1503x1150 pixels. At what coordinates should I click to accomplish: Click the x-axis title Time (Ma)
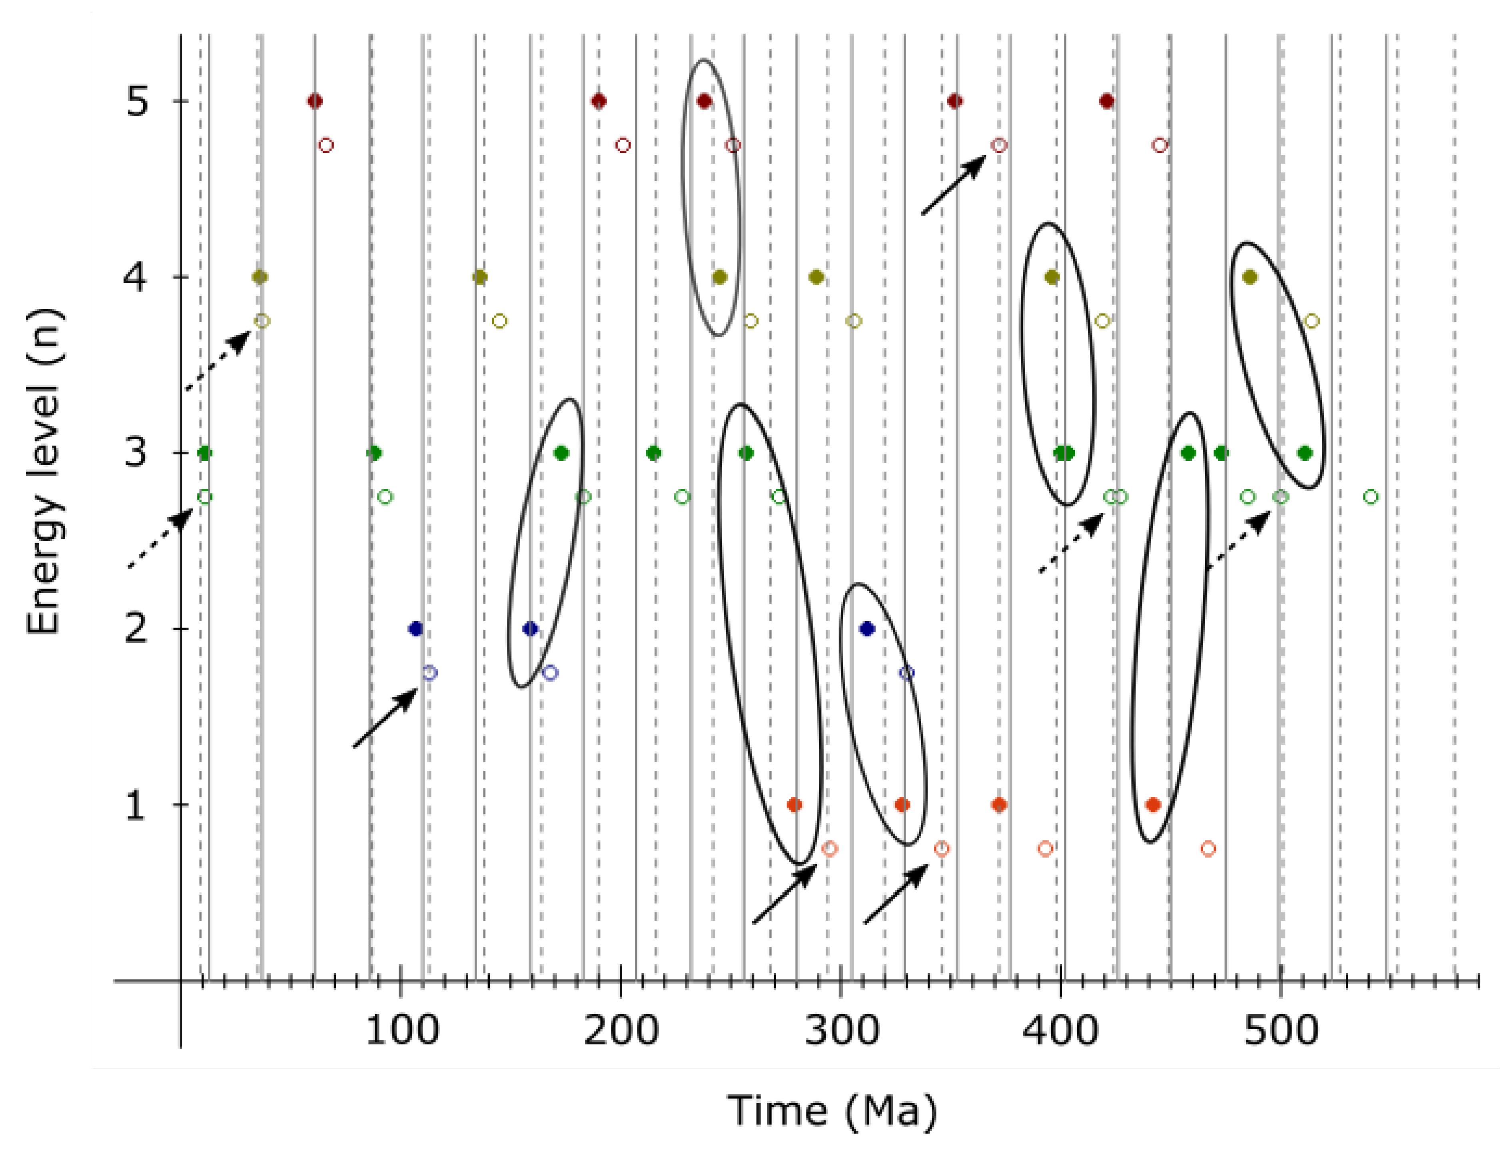(831, 1110)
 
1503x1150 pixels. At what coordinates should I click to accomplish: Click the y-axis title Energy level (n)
(44, 472)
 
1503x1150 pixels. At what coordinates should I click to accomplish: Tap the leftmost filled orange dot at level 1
(794, 804)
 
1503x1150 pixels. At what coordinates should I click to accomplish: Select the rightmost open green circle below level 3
(1370, 496)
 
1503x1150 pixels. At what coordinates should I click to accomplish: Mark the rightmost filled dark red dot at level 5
(1106, 101)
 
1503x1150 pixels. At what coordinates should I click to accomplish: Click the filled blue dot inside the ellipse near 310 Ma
(867, 628)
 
